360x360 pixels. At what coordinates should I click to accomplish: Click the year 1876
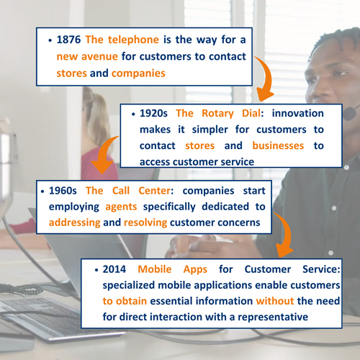[68, 40]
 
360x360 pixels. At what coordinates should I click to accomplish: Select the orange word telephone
[133, 40]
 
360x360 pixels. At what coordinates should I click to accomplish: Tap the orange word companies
[138, 73]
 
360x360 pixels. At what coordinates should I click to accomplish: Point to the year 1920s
[153, 113]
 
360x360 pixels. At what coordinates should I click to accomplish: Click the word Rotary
[217, 114]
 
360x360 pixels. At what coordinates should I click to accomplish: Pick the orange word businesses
[278, 145]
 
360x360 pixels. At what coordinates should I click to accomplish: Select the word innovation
[297, 113]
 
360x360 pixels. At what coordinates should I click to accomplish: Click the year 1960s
[63, 191]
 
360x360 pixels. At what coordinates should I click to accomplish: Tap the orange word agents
[121, 207]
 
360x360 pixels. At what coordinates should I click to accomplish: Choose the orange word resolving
[145, 223]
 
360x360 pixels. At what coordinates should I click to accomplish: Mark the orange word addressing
[75, 223]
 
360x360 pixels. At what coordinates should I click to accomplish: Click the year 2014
[114, 269]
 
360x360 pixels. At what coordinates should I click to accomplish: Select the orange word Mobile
[155, 269]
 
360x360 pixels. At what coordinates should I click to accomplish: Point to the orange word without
[275, 301]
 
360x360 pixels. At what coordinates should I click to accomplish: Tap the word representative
[273, 318]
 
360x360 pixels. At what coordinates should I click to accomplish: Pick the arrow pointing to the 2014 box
[287, 232]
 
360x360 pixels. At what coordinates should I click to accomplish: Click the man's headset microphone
[349, 114]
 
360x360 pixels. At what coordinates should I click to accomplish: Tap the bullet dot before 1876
[50, 40]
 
